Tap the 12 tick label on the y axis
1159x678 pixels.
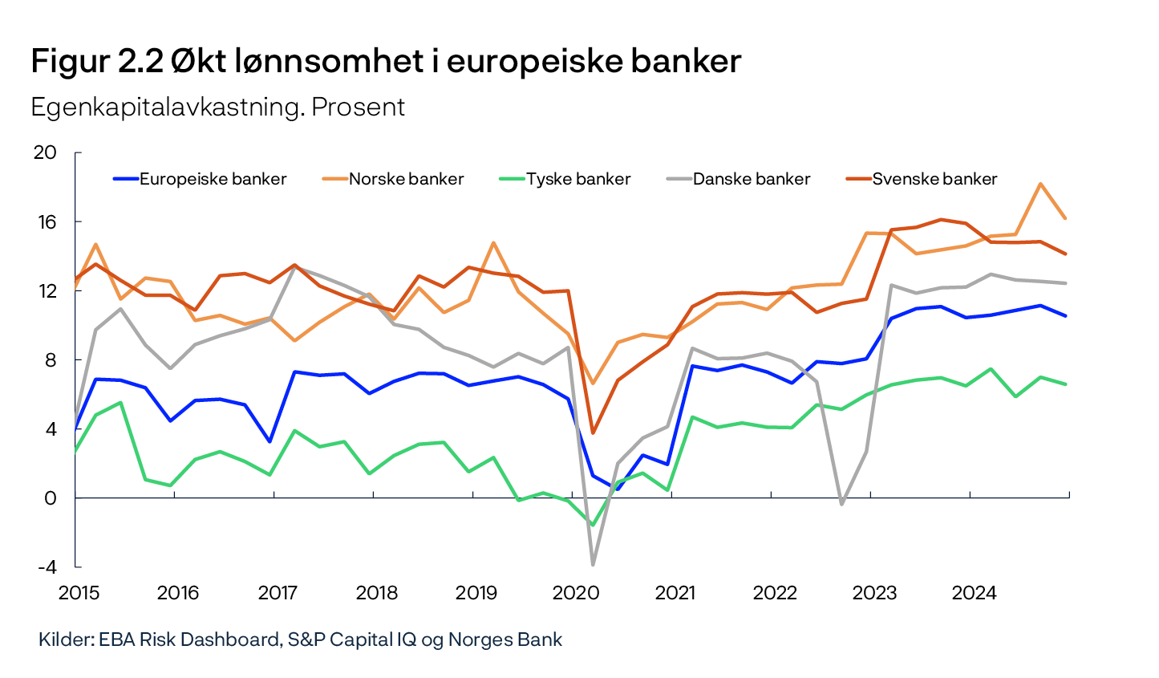(47, 290)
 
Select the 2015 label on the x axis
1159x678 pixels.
(79, 593)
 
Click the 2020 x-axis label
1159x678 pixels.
(576, 593)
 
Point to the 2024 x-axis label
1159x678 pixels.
(974, 593)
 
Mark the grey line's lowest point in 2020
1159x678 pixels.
(594, 564)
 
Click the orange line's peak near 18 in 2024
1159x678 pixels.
(1040, 184)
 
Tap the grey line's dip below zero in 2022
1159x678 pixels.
(841, 504)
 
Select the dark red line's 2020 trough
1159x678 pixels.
(593, 432)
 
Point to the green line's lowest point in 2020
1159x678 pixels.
(593, 526)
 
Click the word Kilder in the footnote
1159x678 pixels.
(65, 639)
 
